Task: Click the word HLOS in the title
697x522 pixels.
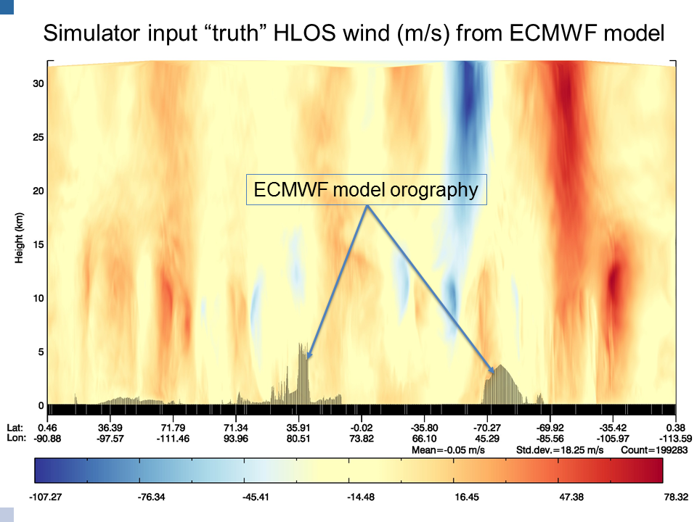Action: click(304, 33)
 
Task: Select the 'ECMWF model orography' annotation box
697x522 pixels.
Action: click(366, 189)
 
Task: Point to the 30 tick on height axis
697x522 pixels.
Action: click(38, 83)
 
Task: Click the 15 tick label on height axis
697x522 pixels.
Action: click(38, 244)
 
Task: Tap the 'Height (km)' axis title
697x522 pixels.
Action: click(19, 238)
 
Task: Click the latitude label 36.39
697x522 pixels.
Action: click(110, 428)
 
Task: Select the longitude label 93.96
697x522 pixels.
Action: click(235, 439)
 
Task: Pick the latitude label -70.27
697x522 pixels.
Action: click(487, 428)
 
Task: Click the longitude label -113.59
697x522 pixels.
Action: click(675, 439)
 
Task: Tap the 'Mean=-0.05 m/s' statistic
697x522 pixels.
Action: click(448, 450)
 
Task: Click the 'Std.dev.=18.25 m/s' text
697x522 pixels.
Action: click(560, 450)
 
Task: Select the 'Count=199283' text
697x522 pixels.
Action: click(654, 450)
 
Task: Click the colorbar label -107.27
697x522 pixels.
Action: click(45, 497)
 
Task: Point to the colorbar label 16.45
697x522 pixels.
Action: click(466, 497)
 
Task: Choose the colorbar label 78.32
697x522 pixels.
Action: click(676, 497)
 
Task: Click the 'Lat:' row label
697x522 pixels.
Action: click(15, 428)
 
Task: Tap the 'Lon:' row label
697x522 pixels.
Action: click(16, 439)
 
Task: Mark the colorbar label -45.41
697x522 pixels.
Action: click(256, 497)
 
